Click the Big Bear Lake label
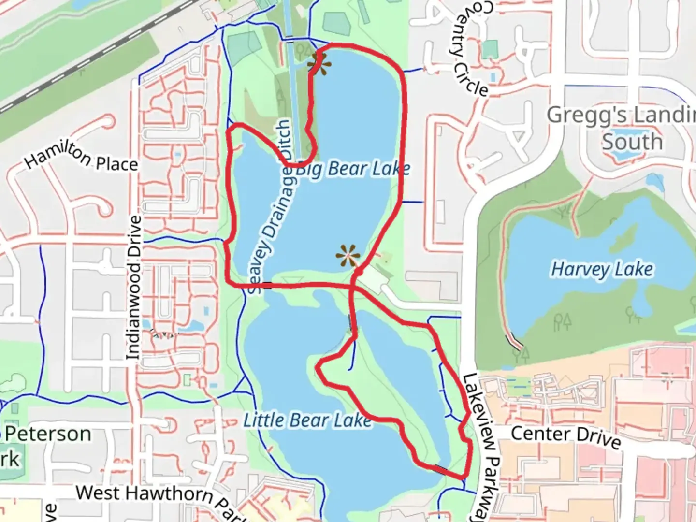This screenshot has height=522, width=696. click(x=353, y=169)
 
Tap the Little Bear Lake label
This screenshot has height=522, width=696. click(x=307, y=420)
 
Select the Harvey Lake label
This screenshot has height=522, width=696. click(x=602, y=269)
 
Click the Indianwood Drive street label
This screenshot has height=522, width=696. click(x=134, y=288)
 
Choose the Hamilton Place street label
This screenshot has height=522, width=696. click(x=81, y=158)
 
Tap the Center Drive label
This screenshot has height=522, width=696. click(x=565, y=436)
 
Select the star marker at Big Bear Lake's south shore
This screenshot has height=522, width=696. click(x=348, y=256)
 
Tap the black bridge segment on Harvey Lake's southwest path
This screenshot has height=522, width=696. click(x=514, y=342)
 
